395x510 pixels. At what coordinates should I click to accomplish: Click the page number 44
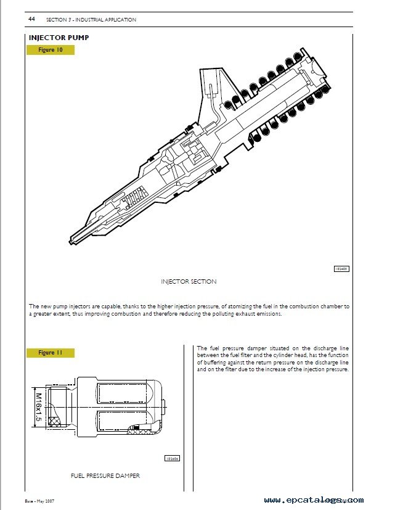click(x=31, y=20)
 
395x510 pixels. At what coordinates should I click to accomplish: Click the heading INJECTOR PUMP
click(x=59, y=38)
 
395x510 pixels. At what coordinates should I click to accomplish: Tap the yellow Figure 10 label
click(x=51, y=50)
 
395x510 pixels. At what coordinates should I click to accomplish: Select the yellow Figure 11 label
click(x=51, y=353)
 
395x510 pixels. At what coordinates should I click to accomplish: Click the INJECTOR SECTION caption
click(x=189, y=281)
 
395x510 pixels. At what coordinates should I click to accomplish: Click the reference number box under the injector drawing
click(x=341, y=269)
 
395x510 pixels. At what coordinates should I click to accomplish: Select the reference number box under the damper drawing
click(x=171, y=458)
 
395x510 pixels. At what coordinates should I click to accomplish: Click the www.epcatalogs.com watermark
click(x=314, y=500)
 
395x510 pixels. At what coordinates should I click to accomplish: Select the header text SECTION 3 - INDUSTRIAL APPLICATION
click(x=91, y=20)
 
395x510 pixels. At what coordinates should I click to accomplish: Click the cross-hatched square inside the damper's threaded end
click(x=60, y=422)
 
